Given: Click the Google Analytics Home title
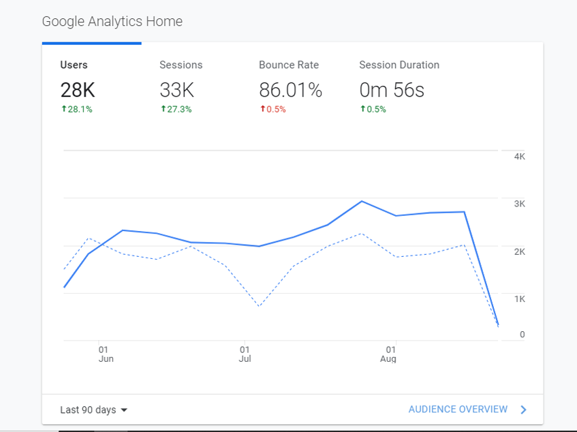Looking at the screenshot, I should [112, 21].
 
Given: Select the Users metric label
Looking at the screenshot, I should [74, 65].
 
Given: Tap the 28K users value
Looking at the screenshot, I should [78, 89].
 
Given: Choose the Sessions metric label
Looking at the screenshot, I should [181, 65].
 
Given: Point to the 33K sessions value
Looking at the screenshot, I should [177, 89].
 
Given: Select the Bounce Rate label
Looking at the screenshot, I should [289, 65].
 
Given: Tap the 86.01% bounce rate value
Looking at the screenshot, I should [290, 89].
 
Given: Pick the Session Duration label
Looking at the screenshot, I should [399, 65].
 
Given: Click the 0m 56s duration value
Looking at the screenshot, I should [392, 89].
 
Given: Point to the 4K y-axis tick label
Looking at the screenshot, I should [519, 157].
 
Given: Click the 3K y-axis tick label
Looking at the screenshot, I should [519, 204].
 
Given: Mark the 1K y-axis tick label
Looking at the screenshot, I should [519, 298].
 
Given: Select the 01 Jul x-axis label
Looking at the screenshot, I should [245, 354].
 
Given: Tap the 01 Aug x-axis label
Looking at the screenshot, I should [388, 354].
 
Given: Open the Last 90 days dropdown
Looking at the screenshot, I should [94, 410].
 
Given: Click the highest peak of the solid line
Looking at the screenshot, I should [361, 201].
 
